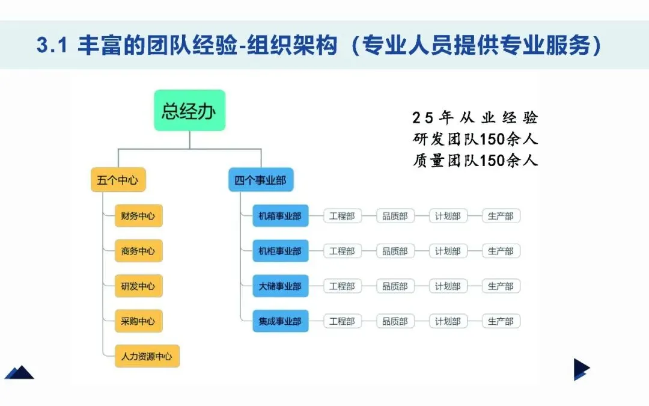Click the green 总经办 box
(x=189, y=111)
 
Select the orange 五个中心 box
(x=118, y=180)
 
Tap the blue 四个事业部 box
(x=261, y=180)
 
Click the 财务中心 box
(x=138, y=216)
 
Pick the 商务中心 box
(x=138, y=251)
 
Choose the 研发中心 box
(x=138, y=286)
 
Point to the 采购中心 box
(x=138, y=321)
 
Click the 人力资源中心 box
(x=147, y=356)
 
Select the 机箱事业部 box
(x=280, y=216)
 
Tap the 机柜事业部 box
(x=280, y=251)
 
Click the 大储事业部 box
(x=280, y=286)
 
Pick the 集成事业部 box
(x=280, y=321)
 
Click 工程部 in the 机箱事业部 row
(x=342, y=216)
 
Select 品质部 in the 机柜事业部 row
(x=395, y=251)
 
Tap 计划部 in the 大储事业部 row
(x=448, y=286)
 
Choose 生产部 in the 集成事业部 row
(x=501, y=321)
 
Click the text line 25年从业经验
(x=475, y=117)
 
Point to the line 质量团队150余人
(x=475, y=161)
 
